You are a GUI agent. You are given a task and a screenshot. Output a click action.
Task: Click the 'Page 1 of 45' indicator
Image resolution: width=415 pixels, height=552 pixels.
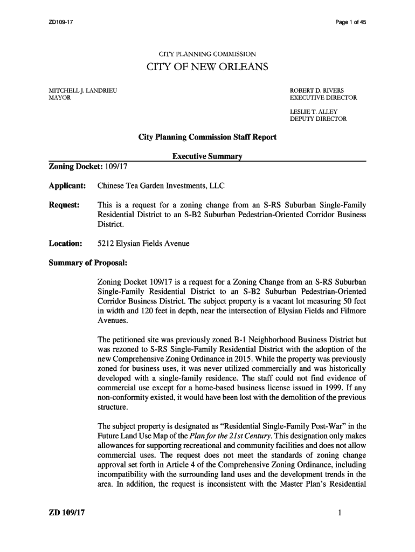[x=350, y=22]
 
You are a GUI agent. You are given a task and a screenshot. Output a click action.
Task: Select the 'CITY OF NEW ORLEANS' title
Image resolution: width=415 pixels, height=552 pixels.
[x=207, y=67]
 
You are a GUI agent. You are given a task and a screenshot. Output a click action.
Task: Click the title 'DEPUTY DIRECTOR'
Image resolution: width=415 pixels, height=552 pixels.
[x=318, y=119]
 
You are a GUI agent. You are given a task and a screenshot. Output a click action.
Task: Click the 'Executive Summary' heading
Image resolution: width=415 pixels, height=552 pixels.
[x=207, y=156]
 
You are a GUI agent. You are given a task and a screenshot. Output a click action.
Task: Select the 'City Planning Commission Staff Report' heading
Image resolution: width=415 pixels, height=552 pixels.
[x=207, y=137]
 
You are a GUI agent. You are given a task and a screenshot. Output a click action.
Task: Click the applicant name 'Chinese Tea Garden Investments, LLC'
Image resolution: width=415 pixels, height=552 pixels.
[x=161, y=186]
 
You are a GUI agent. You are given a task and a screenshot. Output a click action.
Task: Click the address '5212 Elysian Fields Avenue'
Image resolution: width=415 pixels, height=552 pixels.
[x=143, y=243]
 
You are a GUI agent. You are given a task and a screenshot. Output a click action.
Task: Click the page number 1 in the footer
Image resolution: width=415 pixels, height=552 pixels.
[x=340, y=513]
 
